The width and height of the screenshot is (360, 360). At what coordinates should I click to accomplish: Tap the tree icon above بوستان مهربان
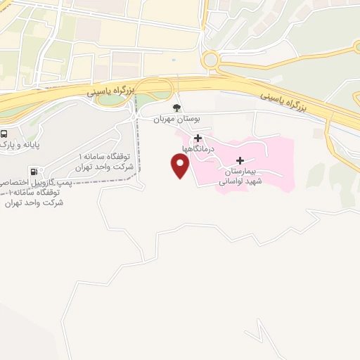point(176,108)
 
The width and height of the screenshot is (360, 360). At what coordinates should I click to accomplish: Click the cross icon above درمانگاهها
point(198,138)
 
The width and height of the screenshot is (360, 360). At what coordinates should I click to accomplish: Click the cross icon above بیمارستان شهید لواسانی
point(240,160)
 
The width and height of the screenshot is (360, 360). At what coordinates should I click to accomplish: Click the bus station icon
point(4,134)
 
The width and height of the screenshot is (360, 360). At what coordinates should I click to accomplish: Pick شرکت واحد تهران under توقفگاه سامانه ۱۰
point(33,202)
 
